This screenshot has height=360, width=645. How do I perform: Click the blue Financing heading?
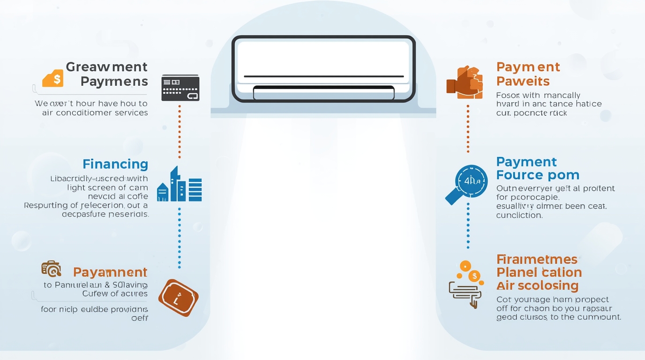(115, 164)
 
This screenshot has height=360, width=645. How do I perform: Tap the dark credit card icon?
(180, 88)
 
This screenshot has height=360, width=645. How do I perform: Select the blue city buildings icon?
(180, 185)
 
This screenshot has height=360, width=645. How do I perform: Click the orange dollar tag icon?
(53, 78)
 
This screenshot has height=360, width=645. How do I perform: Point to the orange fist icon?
(464, 82)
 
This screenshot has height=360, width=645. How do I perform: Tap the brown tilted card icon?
(178, 298)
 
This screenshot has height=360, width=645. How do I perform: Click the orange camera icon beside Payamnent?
(51, 268)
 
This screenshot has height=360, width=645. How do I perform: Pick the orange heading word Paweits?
(523, 81)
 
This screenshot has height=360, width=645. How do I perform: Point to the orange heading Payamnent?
(110, 272)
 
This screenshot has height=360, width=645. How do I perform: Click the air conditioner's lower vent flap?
(323, 93)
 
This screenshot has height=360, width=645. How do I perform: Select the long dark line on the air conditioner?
(323, 76)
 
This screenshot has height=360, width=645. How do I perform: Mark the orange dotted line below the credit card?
(180, 131)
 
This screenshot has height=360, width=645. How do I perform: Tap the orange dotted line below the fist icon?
(468, 128)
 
